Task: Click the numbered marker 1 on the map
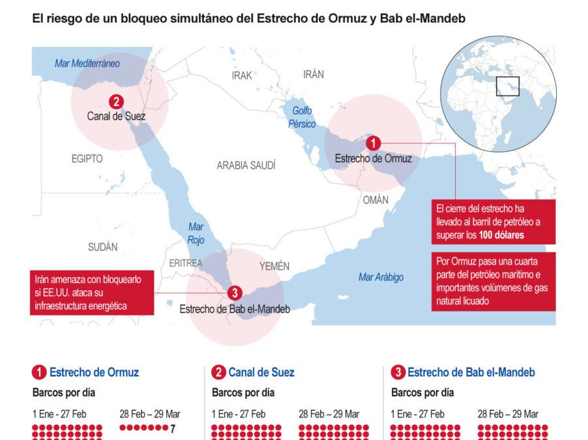[x=373, y=143]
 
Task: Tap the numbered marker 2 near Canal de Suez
[x=116, y=102]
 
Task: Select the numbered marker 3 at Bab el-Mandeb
[x=235, y=294]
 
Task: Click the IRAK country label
[x=242, y=76]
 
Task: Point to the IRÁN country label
[x=313, y=74]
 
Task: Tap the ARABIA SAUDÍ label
[x=246, y=166]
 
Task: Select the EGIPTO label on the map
[x=87, y=158]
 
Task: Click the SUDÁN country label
[x=103, y=246]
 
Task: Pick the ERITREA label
[x=186, y=263]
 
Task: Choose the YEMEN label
[x=274, y=266]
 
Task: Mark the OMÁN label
[x=375, y=200]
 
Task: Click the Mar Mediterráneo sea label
[x=87, y=63]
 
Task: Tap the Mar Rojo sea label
[x=196, y=233]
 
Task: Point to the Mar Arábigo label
[x=381, y=277]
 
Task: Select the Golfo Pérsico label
[x=303, y=117]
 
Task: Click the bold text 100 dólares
[x=501, y=235]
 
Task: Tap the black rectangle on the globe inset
[x=507, y=86]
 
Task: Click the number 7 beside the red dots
[x=173, y=428]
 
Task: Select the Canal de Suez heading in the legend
[x=261, y=373]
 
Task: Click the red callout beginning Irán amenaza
[x=92, y=292]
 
